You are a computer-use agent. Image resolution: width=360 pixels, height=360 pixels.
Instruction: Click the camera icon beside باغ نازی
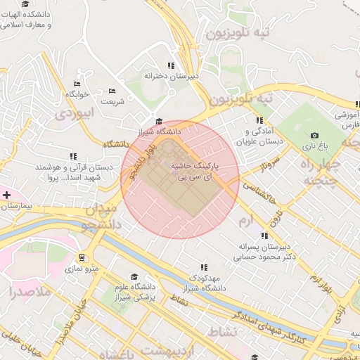coord(314,135)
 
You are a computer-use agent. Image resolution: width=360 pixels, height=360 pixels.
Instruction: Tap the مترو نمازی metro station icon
coord(82,257)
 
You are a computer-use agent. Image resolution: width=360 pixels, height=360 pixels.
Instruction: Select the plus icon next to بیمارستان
coord(6,193)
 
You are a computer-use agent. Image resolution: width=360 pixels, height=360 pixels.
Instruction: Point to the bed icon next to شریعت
coord(112,91)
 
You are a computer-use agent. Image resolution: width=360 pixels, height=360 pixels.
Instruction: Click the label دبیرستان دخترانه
coord(172,75)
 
